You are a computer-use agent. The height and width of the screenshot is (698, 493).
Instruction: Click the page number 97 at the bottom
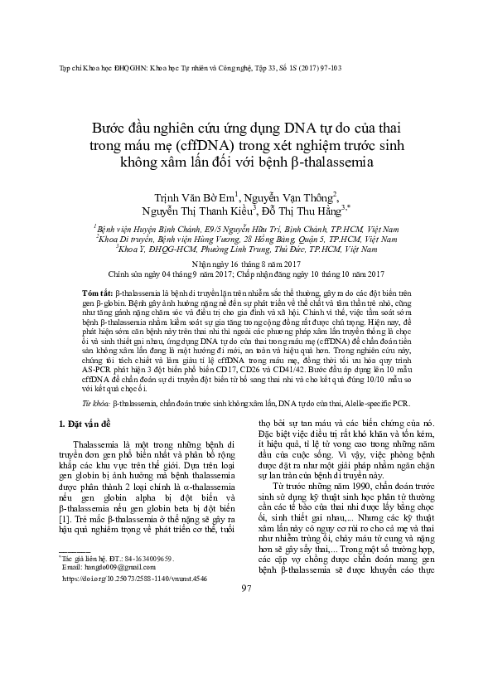(245, 658)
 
